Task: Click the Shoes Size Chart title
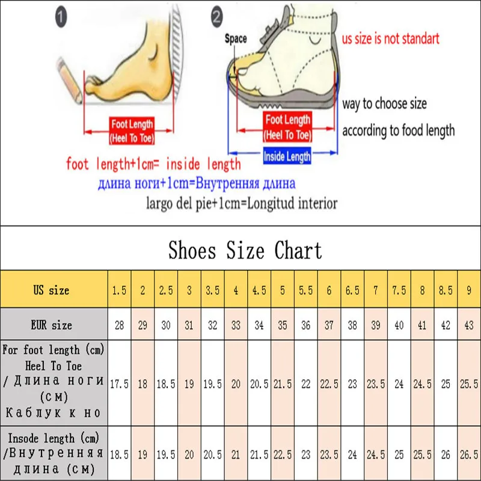(245, 250)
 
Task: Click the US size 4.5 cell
(259, 290)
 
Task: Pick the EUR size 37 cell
(329, 325)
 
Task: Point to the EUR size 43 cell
(469, 325)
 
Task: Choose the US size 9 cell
(469, 290)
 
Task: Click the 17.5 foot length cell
(119, 384)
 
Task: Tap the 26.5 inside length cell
(469, 455)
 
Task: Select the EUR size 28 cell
(119, 325)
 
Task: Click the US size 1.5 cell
(119, 290)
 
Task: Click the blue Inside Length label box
(287, 156)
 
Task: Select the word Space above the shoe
(236, 38)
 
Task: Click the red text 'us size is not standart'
(391, 39)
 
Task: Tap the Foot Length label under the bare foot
(132, 131)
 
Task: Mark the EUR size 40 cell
(399, 325)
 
